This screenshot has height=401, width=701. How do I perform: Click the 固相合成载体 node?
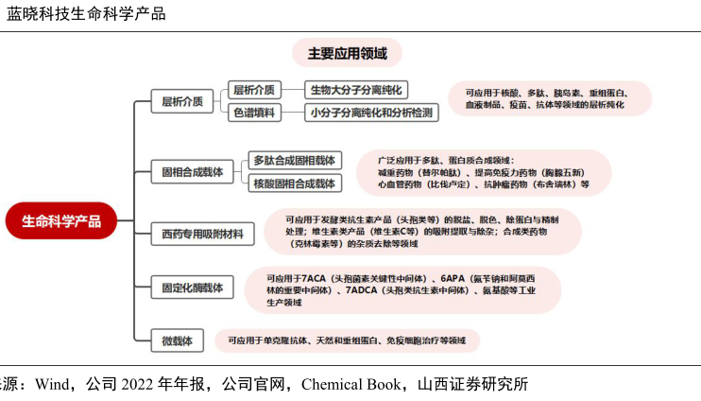(192, 171)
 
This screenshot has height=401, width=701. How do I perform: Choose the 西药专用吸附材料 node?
(202, 233)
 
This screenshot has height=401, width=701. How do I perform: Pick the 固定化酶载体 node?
(192, 287)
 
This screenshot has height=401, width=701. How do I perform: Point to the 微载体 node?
(177, 340)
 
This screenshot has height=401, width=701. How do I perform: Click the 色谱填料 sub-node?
(253, 113)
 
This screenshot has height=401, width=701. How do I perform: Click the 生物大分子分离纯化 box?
(356, 91)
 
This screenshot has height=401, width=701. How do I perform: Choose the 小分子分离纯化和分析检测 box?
(370, 113)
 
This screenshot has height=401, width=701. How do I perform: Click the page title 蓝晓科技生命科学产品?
(86, 13)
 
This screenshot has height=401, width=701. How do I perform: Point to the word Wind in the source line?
(53, 385)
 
